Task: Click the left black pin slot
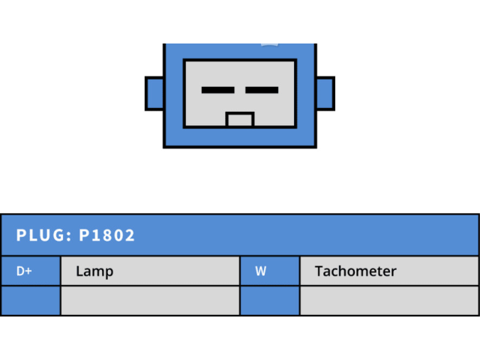pos(218,90)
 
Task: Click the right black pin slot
pos(262,90)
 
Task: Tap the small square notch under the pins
pos(240,120)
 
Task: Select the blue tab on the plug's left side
pos(154,94)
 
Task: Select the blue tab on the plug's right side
pos(325,94)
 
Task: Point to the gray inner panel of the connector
pos(240,75)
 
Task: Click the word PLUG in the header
pos(41,235)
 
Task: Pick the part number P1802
pos(107,235)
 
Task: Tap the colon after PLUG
pos(69,236)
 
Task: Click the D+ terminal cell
pos(30,271)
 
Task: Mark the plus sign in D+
pos(28,271)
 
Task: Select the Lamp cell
pos(150,271)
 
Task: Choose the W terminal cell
pos(270,271)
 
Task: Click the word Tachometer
pos(355,271)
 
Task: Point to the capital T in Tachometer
pos(319,271)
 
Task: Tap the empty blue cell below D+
pos(30,301)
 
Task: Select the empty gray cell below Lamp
pos(150,301)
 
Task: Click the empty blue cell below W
pos(270,301)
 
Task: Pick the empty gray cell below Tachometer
pos(389,301)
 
